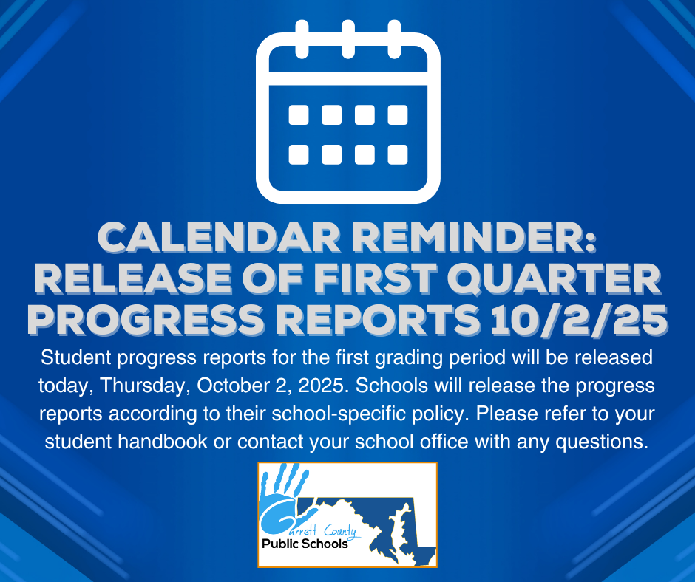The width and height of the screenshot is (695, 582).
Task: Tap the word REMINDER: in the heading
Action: (475, 238)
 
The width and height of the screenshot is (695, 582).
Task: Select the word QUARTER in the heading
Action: (554, 279)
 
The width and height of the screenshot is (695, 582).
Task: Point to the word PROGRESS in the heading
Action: (146, 320)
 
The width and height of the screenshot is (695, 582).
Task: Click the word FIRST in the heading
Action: (374, 279)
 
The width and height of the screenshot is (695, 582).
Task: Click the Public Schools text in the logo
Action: (305, 544)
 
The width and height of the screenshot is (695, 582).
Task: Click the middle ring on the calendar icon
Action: (348, 39)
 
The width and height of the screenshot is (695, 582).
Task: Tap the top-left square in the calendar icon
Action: (299, 115)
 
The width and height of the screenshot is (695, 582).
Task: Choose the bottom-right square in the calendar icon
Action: (398, 154)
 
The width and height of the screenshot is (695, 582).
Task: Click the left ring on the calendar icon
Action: (302, 39)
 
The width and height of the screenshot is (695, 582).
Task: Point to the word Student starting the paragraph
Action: (76, 357)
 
